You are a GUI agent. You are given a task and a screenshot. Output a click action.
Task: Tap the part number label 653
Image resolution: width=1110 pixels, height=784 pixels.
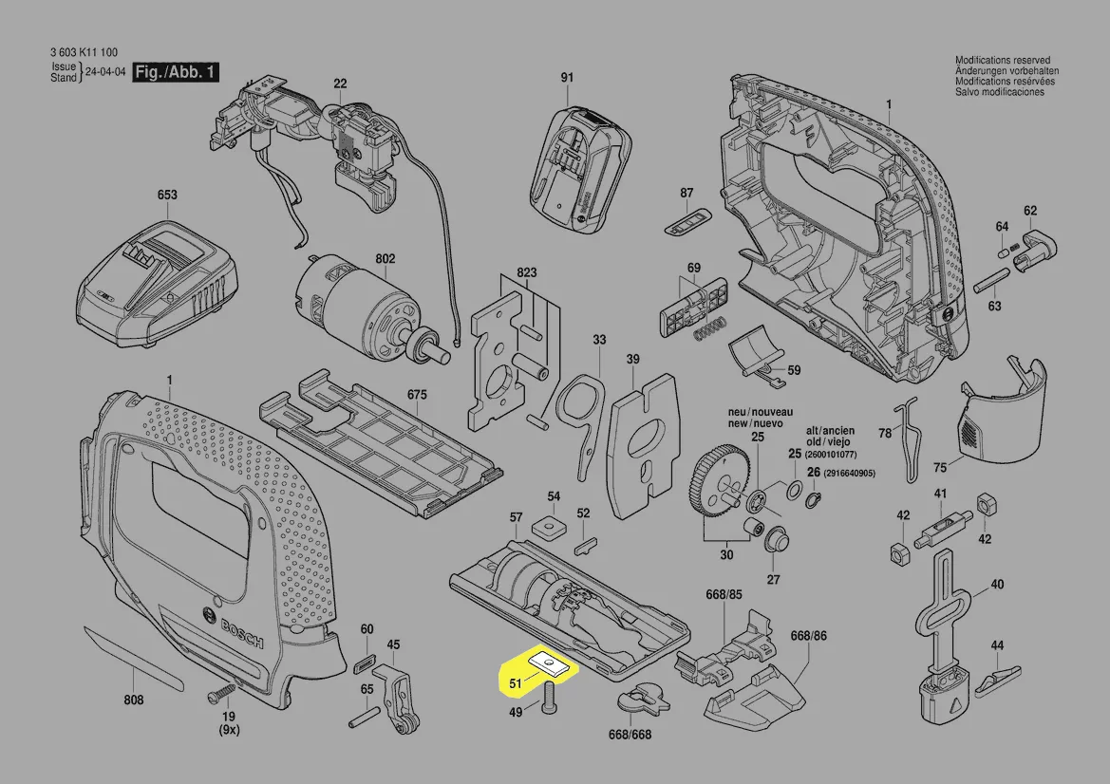(x=167, y=196)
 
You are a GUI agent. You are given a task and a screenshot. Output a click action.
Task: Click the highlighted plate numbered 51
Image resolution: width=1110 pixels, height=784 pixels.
(x=550, y=663)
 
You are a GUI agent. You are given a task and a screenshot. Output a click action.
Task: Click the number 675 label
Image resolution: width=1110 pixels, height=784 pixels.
(x=418, y=394)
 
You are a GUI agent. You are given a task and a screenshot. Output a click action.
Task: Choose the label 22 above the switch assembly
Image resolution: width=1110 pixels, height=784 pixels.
(x=340, y=84)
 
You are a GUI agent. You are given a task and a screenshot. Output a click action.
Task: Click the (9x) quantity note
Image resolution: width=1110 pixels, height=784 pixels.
(x=229, y=730)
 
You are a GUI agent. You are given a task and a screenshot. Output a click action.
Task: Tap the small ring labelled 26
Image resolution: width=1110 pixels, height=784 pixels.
(x=814, y=499)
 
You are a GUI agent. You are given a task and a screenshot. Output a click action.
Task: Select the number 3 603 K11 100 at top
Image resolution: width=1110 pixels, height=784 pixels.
(x=83, y=53)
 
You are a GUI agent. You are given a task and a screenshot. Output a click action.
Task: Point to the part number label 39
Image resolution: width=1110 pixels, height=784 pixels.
(x=633, y=360)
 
